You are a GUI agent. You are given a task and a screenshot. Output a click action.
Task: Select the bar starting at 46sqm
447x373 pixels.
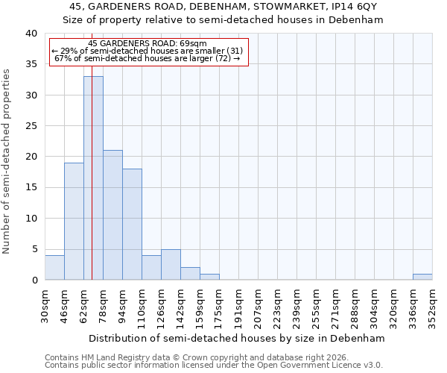tap(74, 221)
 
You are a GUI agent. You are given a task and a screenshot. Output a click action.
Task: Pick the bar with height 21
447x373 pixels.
tap(112, 215)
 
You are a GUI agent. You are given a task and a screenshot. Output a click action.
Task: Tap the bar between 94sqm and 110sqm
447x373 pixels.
tap(132, 224)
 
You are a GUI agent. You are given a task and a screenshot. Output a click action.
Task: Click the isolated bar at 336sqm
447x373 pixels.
tap(422, 277)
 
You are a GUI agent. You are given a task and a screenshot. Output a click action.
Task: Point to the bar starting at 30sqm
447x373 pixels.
tap(54, 267)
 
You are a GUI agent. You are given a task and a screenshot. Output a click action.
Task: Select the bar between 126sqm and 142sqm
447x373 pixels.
tap(171, 264)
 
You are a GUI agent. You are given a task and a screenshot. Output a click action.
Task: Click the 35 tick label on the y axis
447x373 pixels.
tap(31, 64)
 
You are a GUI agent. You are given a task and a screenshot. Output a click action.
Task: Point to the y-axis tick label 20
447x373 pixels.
tap(31, 157)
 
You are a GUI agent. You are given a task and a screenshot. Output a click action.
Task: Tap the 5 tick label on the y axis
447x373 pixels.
tap(34, 249)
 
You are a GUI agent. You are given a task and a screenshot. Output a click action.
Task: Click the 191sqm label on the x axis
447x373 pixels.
tap(238, 307)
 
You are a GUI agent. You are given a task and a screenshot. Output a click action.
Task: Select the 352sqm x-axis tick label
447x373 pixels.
tap(432, 307)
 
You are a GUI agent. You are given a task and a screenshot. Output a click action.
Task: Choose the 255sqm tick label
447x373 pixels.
tap(316, 307)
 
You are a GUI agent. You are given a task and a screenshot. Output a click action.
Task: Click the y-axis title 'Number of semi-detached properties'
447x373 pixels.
tap(7, 161)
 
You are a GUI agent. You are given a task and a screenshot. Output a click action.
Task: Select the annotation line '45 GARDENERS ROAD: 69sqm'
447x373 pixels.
tap(147, 43)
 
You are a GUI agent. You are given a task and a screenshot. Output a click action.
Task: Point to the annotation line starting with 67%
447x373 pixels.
tap(147, 58)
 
